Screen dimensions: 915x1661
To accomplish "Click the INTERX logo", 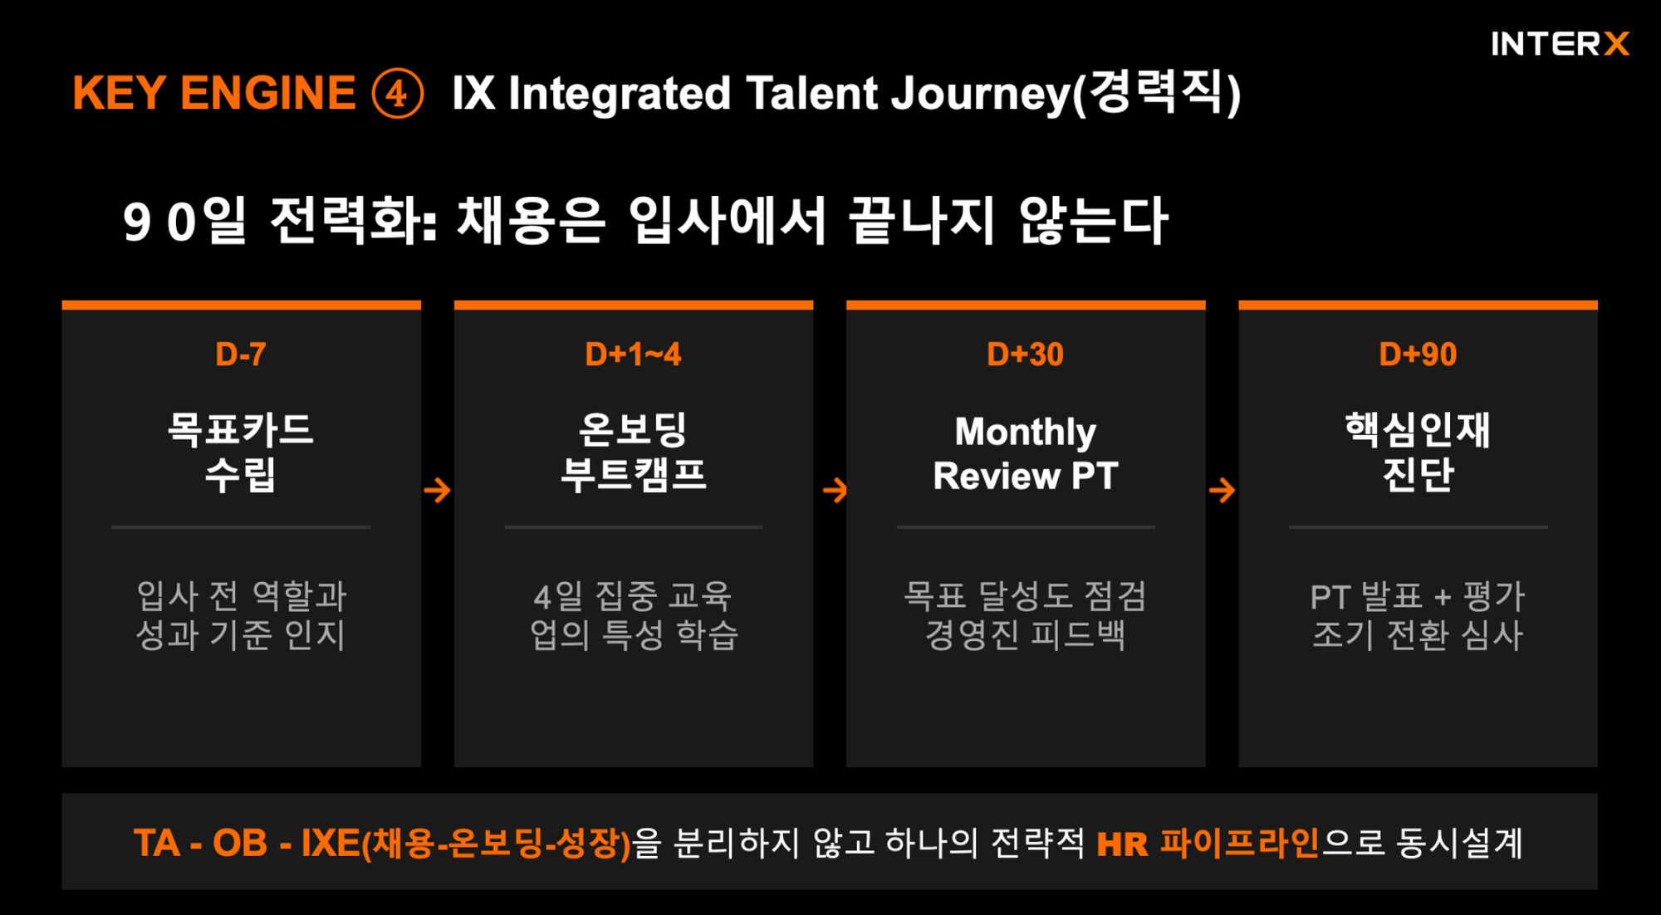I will point(1560,44).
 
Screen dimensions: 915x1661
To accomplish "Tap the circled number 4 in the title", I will point(397,93).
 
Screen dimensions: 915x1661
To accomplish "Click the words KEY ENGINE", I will point(213,93).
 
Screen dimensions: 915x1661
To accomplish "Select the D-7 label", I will point(241,355).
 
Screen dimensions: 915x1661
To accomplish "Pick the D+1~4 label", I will point(633,355).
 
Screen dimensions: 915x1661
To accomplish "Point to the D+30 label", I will point(1025,355).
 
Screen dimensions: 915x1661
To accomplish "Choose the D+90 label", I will point(1418,355).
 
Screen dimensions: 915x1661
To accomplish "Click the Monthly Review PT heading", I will point(1025,453).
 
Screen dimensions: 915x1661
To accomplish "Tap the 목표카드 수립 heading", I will point(241,453).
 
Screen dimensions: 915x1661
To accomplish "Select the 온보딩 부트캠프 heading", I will point(633,453).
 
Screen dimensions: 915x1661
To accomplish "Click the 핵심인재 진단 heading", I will point(1418,453).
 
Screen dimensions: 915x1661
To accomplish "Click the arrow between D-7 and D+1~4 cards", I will point(437,490).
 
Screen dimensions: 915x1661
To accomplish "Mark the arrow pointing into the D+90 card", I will point(1222,490).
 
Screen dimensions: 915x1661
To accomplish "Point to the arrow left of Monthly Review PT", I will point(835,490).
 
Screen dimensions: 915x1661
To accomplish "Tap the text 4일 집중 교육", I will point(633,595).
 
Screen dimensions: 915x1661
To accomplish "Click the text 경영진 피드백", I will point(1025,635).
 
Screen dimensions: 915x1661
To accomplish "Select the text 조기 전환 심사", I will point(1418,635).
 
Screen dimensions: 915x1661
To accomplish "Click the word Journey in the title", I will point(980,93).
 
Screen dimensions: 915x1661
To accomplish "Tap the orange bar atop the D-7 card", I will point(241,306).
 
